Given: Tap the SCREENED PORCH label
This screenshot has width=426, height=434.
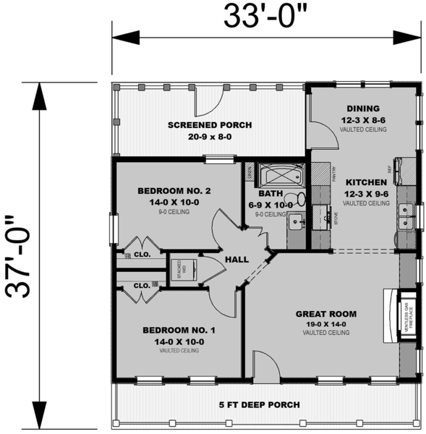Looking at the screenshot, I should (210, 125).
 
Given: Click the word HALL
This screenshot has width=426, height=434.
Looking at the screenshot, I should (237, 259).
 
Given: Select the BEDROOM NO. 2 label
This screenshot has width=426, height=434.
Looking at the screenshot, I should (174, 191).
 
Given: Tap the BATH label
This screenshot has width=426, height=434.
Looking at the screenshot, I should (272, 194).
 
